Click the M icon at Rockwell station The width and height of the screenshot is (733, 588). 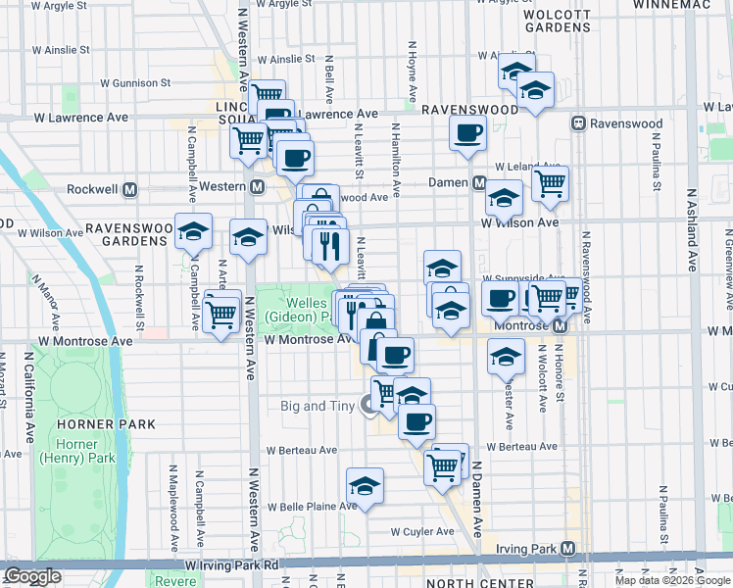(130, 188)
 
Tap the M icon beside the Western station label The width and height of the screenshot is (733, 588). (258, 187)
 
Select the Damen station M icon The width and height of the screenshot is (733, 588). (479, 183)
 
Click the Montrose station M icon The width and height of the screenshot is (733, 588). (559, 325)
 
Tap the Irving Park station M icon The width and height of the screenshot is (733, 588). (581, 548)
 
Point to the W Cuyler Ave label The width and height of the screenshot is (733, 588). (422, 532)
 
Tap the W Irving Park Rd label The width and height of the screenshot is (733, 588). (232, 565)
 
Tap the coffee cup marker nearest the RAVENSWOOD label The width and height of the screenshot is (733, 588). (467, 132)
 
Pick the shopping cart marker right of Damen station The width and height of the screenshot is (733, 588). (550, 182)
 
